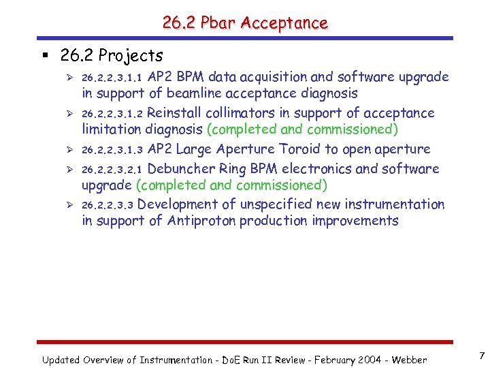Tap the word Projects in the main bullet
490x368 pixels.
(131, 55)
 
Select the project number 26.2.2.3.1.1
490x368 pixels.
(112, 78)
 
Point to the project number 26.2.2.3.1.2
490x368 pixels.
(112, 114)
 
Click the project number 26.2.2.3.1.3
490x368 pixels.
(112, 150)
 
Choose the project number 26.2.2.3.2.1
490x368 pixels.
(112, 170)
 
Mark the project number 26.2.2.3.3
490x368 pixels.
(108, 205)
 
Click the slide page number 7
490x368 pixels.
(481, 356)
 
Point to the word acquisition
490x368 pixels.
(282, 77)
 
